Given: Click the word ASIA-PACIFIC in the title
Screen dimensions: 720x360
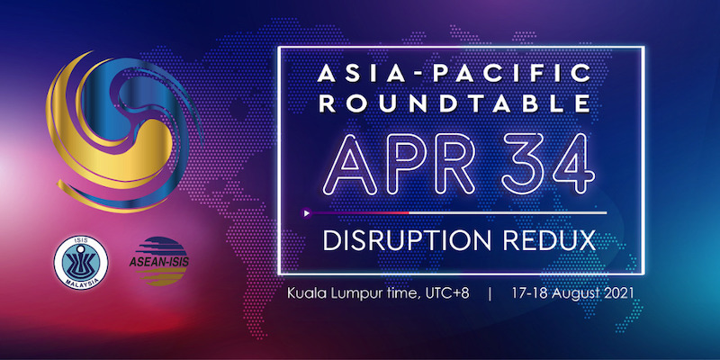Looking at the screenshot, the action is tap(454, 74).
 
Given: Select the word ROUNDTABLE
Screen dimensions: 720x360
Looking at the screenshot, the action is tap(454, 103).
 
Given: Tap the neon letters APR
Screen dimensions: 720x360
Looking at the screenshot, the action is tap(398, 164).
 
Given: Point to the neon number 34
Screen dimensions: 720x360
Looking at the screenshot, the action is tap(548, 164).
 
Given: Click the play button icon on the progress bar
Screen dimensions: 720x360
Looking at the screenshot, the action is tap(306, 213).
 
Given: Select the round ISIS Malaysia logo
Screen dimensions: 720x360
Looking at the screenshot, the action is tap(81, 263).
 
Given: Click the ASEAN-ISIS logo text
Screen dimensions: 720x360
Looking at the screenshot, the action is tap(159, 261).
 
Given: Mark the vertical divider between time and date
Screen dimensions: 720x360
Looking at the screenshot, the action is tap(490, 294).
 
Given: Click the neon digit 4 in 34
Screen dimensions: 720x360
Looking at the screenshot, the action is tap(574, 164).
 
